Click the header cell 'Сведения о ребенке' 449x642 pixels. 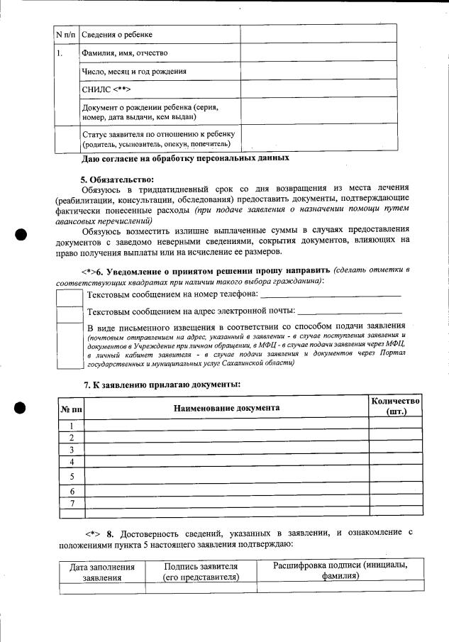(x=117, y=35)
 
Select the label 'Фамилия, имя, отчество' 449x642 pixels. (x=125, y=53)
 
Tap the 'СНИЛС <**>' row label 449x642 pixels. (x=107, y=90)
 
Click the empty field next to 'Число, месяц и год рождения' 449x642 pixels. (x=318, y=72)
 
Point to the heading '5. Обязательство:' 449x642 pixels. (x=116, y=179)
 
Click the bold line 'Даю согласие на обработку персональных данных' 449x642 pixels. (x=186, y=157)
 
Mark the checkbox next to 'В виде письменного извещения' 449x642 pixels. (x=70, y=345)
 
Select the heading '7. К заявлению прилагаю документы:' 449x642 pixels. (x=162, y=384)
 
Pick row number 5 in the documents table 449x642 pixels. (x=72, y=476)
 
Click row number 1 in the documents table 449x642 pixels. (x=72, y=426)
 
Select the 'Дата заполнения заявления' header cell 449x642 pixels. (x=102, y=572)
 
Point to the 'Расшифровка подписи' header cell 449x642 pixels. (x=340, y=571)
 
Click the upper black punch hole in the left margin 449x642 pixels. (x=21, y=235)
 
